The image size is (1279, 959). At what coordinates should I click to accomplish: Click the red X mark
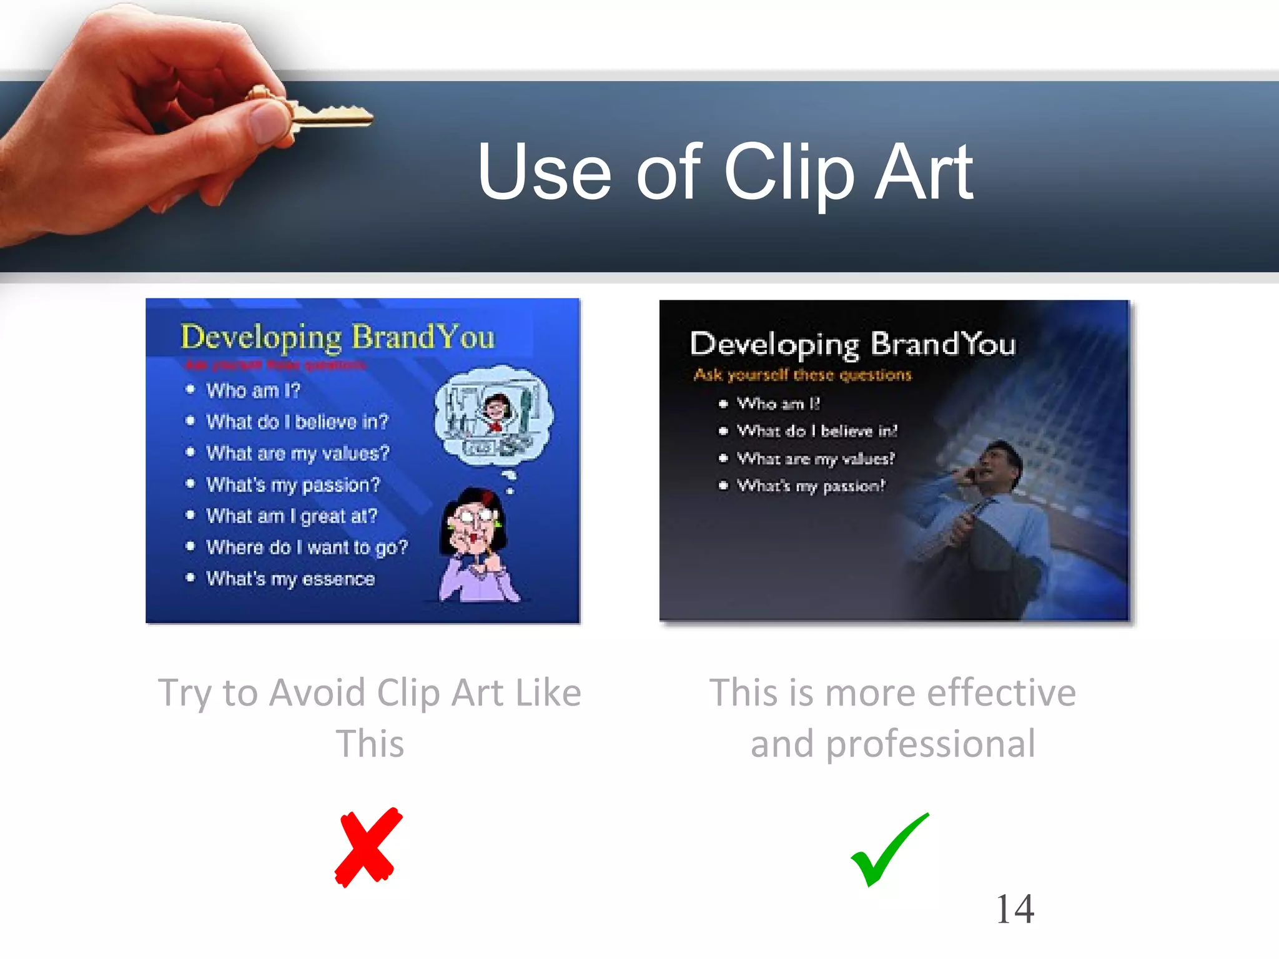coord(368,847)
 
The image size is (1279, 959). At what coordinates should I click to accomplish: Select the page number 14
coord(1015,909)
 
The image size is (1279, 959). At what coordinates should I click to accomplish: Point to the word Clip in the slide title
coord(789,173)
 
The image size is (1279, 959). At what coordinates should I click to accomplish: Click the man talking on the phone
coord(974,512)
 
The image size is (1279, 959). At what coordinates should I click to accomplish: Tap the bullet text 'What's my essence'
coord(290,579)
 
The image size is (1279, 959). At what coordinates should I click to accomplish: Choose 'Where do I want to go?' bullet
coord(307,548)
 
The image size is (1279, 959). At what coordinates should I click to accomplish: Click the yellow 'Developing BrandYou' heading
coord(337,337)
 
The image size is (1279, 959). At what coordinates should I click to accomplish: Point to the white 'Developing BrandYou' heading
coord(852,344)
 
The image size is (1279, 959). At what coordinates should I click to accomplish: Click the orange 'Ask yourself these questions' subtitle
coord(802,375)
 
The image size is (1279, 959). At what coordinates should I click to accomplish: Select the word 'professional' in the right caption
coord(931,744)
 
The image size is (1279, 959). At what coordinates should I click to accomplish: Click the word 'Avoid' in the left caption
coord(318,693)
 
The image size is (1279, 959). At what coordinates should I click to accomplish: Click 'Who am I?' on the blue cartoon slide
coord(253,391)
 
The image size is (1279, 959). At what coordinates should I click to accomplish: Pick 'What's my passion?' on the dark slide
coord(811,486)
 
